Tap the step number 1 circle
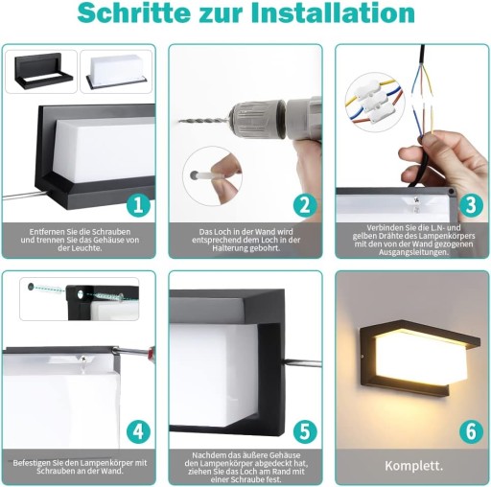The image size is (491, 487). [x=138, y=205]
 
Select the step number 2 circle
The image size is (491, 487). [x=305, y=205]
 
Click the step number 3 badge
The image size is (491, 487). [x=471, y=205]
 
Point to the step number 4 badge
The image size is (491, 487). [x=138, y=431]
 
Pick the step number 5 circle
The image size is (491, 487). [x=305, y=431]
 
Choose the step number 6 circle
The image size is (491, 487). [x=471, y=431]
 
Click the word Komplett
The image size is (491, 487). [x=413, y=466]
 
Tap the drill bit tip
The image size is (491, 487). [x=179, y=122]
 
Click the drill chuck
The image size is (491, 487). [x=256, y=120]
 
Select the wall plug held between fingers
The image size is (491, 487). [x=205, y=175]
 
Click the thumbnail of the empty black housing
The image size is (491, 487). [x=42, y=72]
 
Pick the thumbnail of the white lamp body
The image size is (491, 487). [x=116, y=71]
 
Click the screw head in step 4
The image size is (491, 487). [x=84, y=359]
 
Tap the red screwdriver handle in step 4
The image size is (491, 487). [x=151, y=352]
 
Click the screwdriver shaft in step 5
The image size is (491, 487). [x=303, y=362]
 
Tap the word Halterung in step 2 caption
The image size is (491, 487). [x=228, y=248]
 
